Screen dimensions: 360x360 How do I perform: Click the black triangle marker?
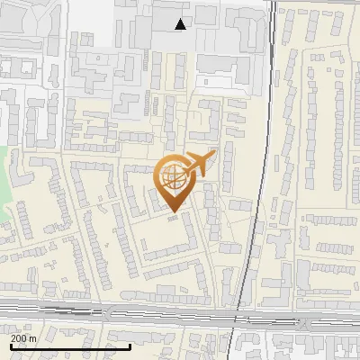(x=181, y=24)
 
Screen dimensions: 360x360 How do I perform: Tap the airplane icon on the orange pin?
(x=199, y=164)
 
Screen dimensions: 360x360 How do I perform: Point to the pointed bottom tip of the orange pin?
(x=173, y=211)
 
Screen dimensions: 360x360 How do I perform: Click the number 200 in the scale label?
(x=19, y=337)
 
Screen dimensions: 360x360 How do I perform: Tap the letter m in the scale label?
(x=32, y=337)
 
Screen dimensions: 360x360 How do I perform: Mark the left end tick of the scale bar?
(x=11, y=346)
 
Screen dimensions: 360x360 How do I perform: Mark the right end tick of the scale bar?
(x=130, y=346)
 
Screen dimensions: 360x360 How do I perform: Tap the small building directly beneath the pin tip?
(x=173, y=217)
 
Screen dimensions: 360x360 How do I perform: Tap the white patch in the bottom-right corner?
(x=346, y=351)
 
